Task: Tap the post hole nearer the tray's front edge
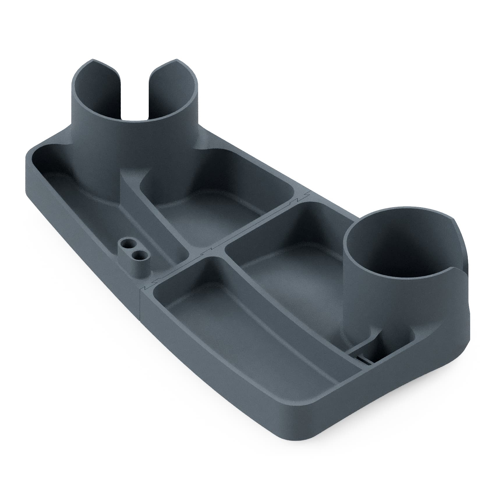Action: coord(139,255)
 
